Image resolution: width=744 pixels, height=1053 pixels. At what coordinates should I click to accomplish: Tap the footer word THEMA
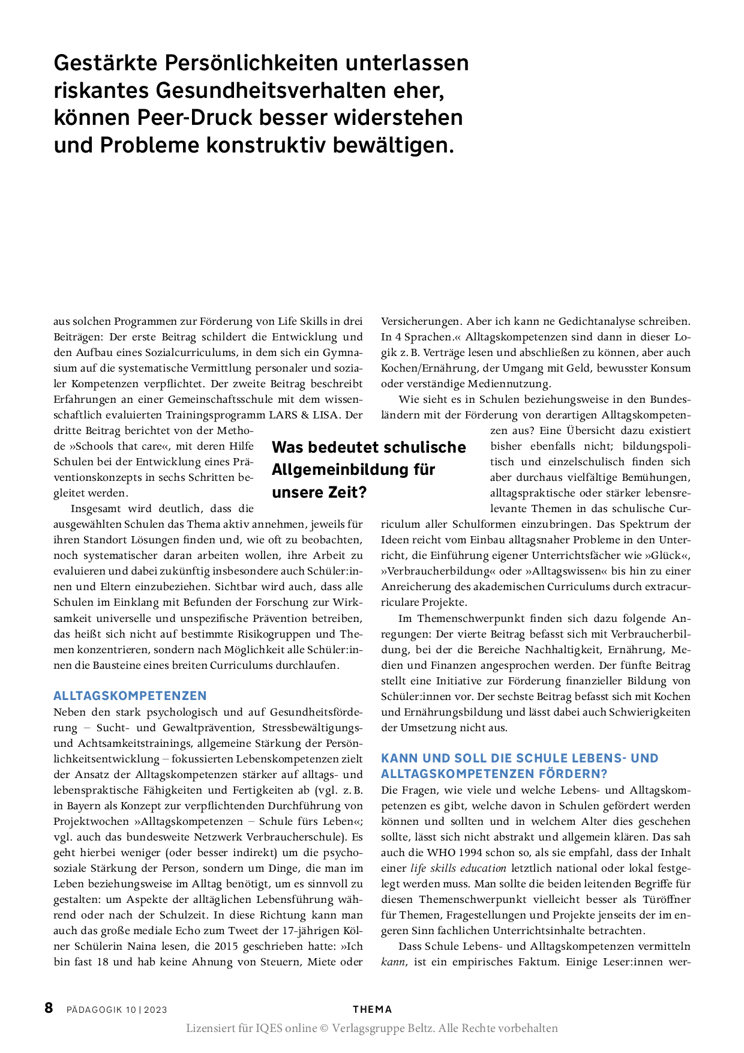click(x=372, y=1009)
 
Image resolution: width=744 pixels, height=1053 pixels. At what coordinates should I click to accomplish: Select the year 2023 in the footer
click(x=155, y=1010)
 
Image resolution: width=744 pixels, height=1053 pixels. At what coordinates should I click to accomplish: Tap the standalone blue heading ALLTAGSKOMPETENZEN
click(x=130, y=696)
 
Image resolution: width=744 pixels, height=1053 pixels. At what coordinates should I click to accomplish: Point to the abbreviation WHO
click(x=442, y=852)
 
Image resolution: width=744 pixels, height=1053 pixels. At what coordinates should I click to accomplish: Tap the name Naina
click(x=142, y=946)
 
